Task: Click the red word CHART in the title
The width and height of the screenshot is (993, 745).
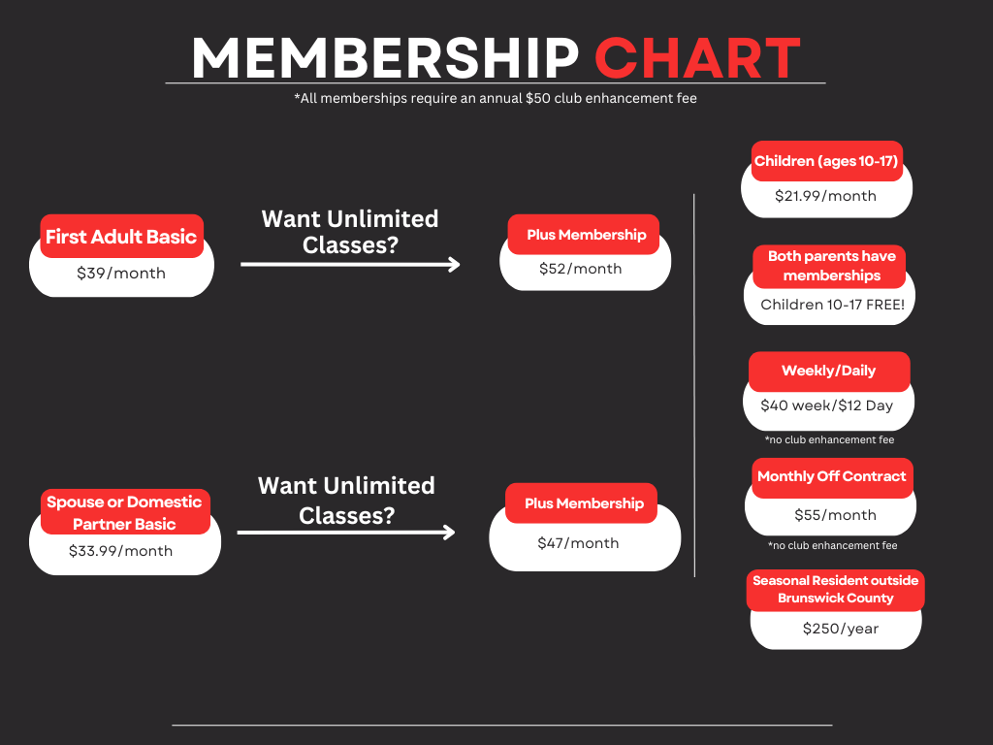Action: tap(697, 58)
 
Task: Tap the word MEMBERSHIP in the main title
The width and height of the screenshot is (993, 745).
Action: tap(385, 58)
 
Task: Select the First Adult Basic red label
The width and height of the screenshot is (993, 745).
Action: tap(121, 237)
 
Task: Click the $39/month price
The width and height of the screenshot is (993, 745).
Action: tap(121, 274)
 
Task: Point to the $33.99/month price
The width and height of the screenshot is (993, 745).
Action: tap(121, 551)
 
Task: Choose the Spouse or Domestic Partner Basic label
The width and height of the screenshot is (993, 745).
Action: tap(124, 512)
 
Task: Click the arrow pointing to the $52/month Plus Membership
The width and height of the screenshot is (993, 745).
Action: tap(350, 264)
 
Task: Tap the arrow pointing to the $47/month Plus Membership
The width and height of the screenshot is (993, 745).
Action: tap(346, 532)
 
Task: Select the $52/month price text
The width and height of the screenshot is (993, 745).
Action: tap(581, 269)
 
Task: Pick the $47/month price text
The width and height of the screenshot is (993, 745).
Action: tap(578, 543)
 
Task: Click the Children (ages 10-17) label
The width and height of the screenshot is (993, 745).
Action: tap(827, 161)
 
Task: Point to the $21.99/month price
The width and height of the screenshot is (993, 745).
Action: tap(825, 196)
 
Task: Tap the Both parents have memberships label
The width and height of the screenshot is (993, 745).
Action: tap(831, 266)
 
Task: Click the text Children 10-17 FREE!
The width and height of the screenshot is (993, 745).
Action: tap(832, 305)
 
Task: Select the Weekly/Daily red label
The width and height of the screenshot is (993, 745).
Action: tap(828, 371)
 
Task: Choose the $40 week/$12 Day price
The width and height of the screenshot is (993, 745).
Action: tap(827, 405)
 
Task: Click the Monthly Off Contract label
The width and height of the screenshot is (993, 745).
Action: tap(831, 477)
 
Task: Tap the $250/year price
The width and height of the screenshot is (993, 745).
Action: tap(840, 629)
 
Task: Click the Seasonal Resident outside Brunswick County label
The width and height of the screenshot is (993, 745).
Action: tap(835, 589)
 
